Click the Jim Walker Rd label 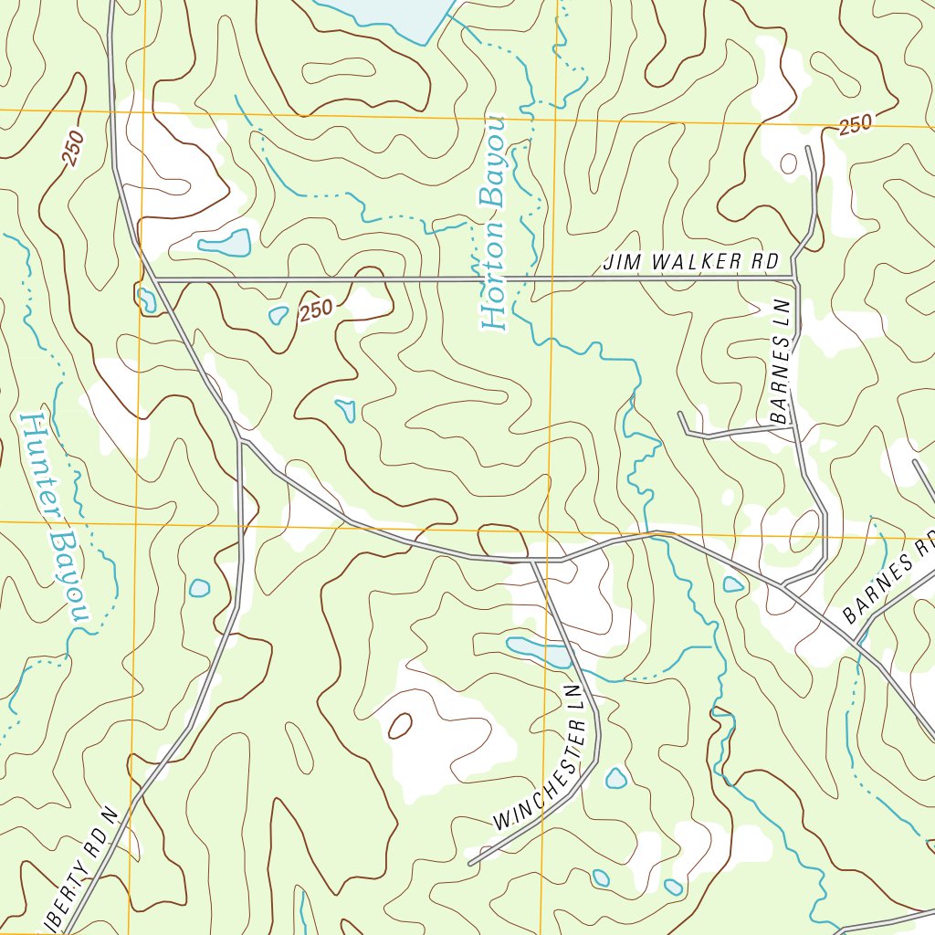click(690, 262)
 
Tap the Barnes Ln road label click(780, 362)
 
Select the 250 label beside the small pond click(315, 310)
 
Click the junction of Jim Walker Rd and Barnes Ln click(793, 278)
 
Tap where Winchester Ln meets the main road click(532, 560)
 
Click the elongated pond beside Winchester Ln click(539, 651)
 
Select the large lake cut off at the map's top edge click(383, 14)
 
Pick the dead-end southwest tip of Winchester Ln click(470, 862)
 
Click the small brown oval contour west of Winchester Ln click(400, 726)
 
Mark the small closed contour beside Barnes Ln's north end click(788, 163)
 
